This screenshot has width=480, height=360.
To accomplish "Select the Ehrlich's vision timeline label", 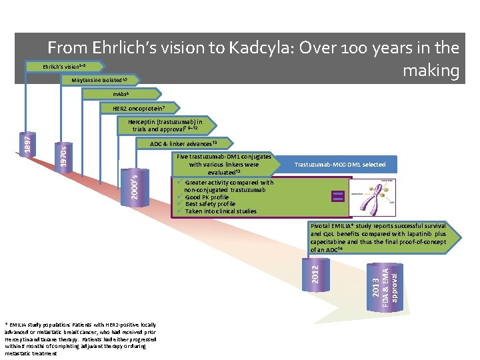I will click(64, 67).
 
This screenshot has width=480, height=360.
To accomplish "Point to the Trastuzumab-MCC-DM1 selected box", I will click(340, 165).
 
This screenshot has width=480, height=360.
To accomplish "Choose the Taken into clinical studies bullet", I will click(221, 211).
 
